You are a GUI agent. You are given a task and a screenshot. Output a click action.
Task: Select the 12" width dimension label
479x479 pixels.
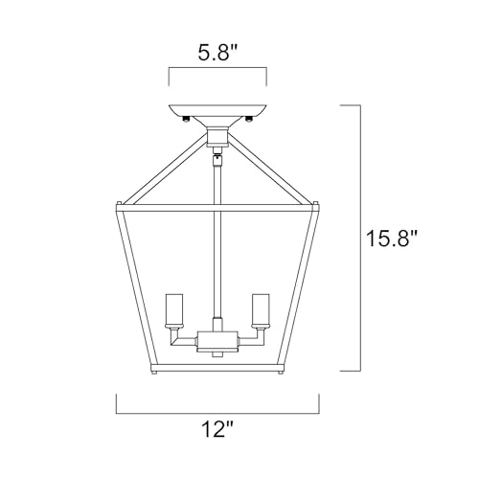217,429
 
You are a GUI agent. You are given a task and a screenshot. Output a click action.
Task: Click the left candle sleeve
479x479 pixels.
174,308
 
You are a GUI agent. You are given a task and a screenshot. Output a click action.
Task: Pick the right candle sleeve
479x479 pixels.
261,308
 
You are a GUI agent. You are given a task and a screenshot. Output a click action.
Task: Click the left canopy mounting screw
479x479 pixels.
186,120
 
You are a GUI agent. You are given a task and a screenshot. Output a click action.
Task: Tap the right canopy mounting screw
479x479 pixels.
249,120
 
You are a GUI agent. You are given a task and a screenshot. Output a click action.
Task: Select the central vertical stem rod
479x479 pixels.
217,237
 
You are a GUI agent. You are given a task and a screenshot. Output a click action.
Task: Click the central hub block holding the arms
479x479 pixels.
217,340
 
